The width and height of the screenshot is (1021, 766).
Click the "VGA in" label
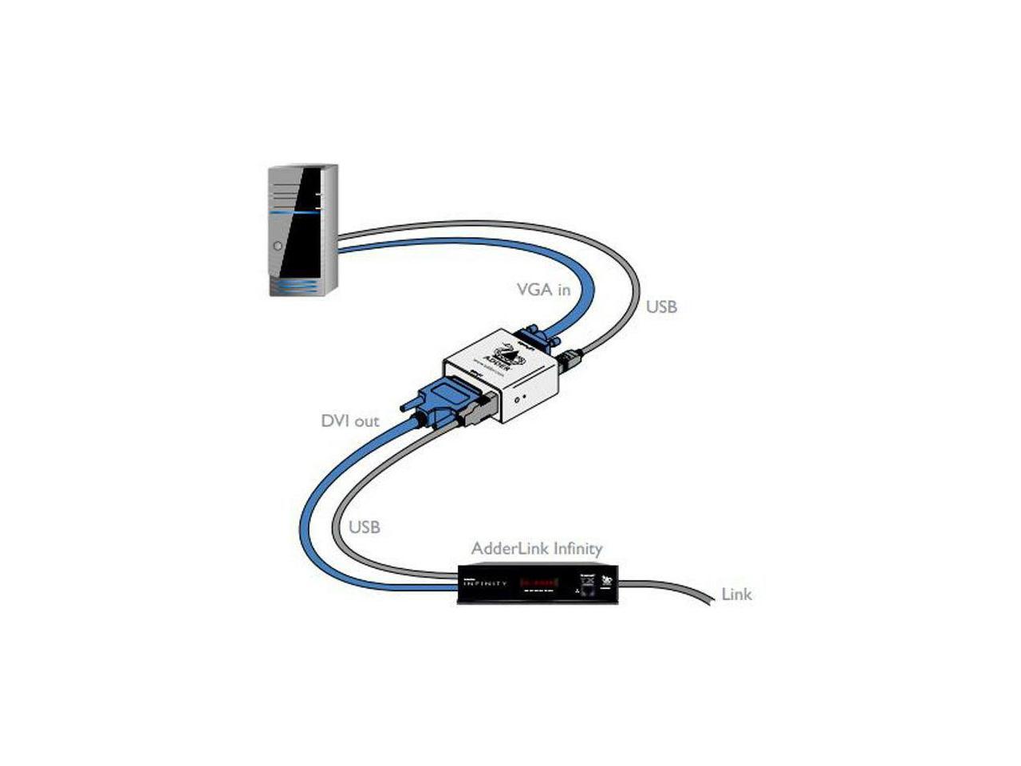point(543,290)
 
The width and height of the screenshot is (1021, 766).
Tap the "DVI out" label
point(349,421)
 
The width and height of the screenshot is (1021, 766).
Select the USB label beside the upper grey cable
point(661,306)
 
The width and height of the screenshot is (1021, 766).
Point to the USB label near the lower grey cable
point(365,527)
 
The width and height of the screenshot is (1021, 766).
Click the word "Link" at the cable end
point(736,594)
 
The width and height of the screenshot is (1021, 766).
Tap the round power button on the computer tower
point(278,246)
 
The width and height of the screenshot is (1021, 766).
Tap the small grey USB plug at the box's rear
point(570,360)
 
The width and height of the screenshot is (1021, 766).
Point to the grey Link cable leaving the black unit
point(670,588)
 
